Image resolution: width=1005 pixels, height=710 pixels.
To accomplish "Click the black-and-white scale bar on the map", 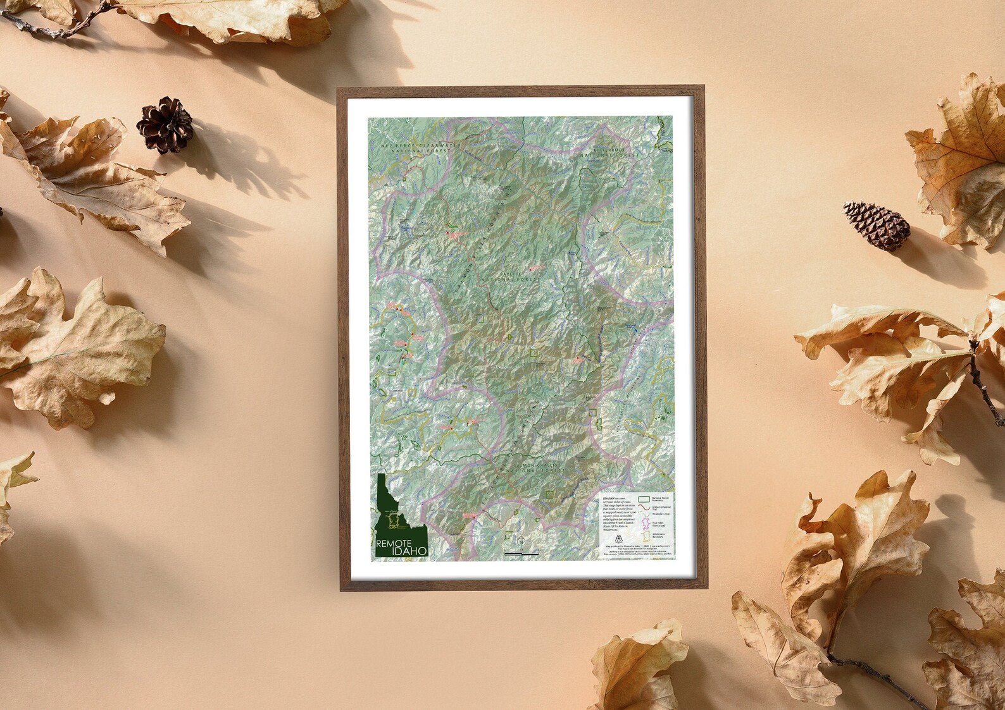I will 521,554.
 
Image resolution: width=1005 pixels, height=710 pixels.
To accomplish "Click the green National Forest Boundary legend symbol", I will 645,499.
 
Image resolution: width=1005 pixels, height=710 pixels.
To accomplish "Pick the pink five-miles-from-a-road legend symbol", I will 645,523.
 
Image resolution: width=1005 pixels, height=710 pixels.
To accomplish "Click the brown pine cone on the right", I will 877,225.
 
